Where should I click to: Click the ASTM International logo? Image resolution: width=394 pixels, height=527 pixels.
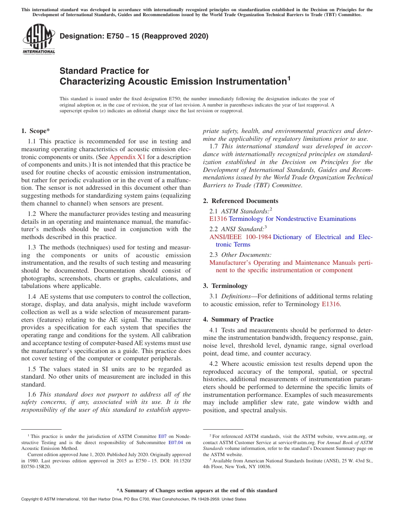[x=39, y=40]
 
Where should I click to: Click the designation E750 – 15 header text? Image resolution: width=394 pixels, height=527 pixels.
[x=134, y=36]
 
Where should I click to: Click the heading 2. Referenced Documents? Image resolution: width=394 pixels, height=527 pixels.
[x=241, y=201]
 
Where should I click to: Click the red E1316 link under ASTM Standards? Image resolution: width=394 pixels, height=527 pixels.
[x=218, y=219]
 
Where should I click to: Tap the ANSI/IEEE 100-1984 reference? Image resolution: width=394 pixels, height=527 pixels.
[x=240, y=237]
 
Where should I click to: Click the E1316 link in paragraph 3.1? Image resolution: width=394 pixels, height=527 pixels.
[x=331, y=304]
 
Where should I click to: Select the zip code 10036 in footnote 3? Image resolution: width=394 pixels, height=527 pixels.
[x=263, y=467]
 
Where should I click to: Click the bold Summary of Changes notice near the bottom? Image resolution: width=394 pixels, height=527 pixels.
[x=197, y=491]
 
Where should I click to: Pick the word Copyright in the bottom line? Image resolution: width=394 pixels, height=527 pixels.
[x=30, y=499]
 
